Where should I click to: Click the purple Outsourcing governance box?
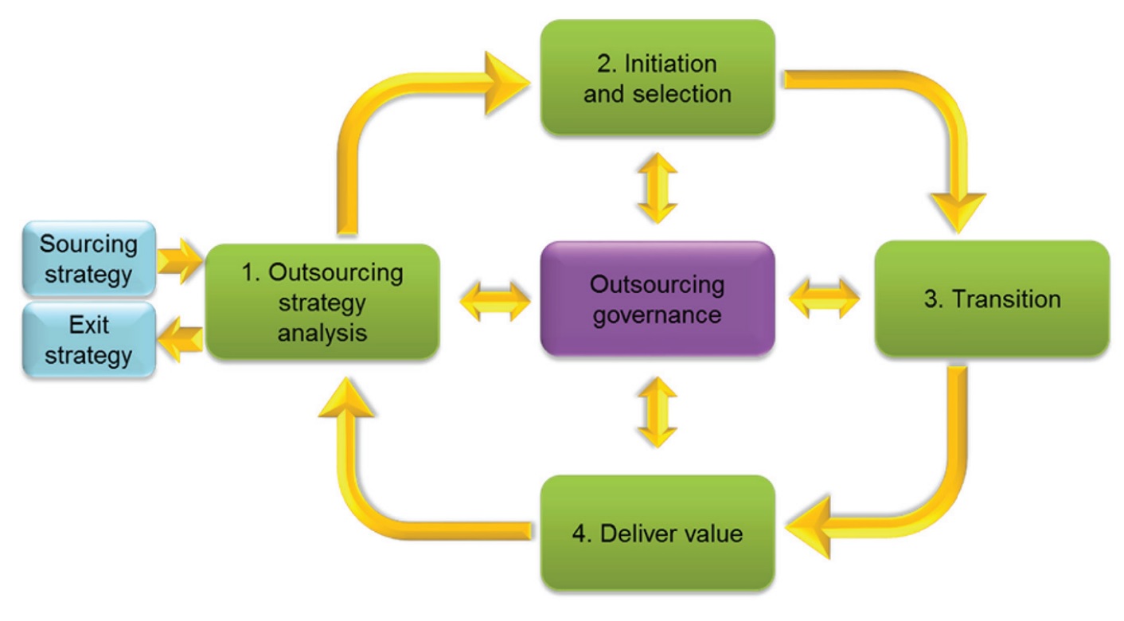657,299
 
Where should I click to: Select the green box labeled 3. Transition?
991,299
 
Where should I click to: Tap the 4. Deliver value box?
657,532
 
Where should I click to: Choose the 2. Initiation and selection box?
657,77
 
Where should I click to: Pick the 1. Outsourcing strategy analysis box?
322,302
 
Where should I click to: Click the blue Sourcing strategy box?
88,260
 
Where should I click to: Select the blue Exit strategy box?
88,340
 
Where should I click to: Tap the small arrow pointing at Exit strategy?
180,341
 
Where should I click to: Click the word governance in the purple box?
657,314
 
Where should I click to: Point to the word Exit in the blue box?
88,325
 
